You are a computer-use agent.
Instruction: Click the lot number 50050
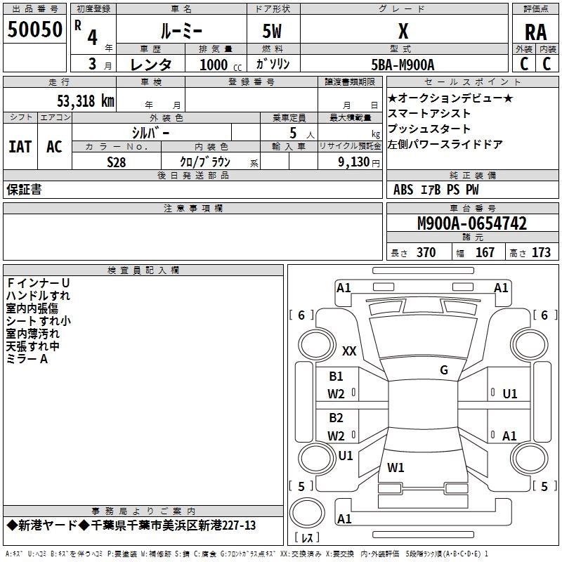35,30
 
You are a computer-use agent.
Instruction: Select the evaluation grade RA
535,32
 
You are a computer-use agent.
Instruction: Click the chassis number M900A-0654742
472,224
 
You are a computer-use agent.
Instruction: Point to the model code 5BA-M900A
403,64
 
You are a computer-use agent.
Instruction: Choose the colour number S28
117,162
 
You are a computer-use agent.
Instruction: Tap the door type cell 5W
273,32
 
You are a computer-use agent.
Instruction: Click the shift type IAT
20,147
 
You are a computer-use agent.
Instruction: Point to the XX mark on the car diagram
349,351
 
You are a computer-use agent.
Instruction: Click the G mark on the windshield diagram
443,370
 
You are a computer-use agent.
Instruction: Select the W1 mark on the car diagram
396,466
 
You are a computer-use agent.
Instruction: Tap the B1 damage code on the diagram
336,377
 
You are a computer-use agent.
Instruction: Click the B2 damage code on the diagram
336,418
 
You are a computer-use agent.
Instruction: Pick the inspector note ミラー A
27,359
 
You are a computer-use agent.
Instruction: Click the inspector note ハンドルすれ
38,296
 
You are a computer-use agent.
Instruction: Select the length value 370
426,253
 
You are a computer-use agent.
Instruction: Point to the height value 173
541,253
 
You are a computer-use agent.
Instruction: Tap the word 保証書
24,190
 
